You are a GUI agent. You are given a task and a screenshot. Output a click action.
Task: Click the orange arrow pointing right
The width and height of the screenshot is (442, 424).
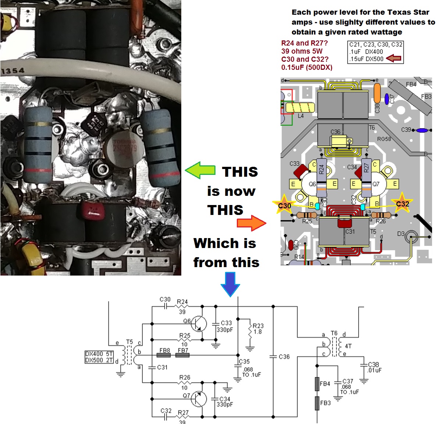tap(252, 223)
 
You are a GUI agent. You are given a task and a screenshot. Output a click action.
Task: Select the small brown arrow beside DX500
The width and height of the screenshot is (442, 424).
tap(393, 58)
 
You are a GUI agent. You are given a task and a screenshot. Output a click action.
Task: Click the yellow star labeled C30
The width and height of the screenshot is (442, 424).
tap(285, 205)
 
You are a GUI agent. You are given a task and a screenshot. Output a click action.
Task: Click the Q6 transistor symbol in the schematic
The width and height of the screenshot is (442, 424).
tap(199, 324)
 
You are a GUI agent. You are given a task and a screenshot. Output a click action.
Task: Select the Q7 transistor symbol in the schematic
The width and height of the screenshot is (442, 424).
tap(199, 399)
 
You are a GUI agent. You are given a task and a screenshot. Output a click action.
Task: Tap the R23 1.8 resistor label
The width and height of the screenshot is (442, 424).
tap(258, 328)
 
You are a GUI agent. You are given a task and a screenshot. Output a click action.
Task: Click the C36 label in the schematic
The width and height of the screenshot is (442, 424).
tap(284, 356)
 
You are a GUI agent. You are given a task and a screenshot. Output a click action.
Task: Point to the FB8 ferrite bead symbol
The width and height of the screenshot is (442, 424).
tap(164, 355)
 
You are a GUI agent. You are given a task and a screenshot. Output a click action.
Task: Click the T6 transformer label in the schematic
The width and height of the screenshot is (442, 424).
tap(334, 333)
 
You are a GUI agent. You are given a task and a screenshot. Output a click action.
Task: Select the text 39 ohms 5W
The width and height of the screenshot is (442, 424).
tap(302, 51)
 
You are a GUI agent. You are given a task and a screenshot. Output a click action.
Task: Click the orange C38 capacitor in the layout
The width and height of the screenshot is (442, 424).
tap(377, 93)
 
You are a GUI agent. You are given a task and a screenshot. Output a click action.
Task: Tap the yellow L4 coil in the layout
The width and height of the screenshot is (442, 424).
tap(300, 108)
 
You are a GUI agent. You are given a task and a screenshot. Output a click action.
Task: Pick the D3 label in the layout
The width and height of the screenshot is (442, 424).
tap(401, 234)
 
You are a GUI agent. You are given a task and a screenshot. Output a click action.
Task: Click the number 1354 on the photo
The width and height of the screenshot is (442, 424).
tap(13, 71)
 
